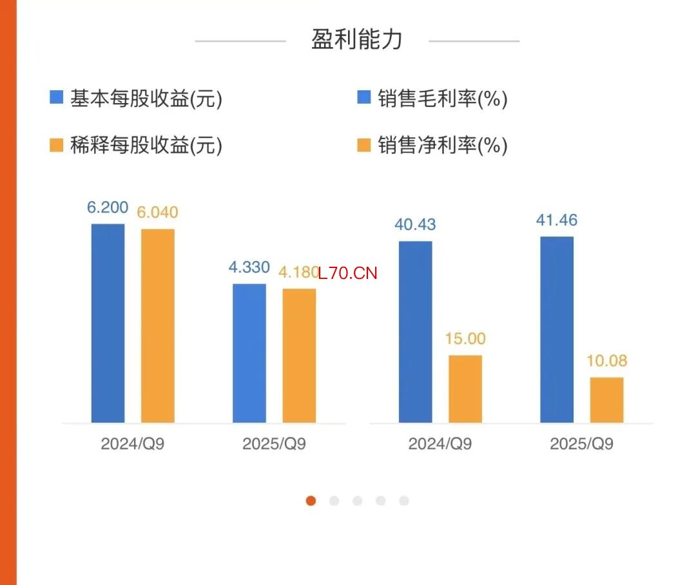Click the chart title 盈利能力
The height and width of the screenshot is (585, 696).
click(356, 40)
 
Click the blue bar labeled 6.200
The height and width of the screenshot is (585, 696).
click(108, 323)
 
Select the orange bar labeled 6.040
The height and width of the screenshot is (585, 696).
click(158, 325)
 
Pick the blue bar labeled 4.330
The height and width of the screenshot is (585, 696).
click(249, 353)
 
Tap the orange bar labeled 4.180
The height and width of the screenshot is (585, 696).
click(299, 356)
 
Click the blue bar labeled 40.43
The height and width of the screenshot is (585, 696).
click(415, 332)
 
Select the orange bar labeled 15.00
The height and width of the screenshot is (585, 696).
click(465, 388)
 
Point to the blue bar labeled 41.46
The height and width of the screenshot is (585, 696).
click(556, 329)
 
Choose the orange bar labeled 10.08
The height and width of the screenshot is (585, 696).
click(606, 399)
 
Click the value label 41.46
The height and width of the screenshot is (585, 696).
click(557, 220)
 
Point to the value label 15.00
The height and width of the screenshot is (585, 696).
click(465, 339)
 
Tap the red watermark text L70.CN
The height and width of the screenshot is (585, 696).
click(347, 273)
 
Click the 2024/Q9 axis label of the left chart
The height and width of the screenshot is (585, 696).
click(133, 444)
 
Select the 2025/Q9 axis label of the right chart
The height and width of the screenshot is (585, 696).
click(581, 444)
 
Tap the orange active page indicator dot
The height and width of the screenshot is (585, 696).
click(311, 501)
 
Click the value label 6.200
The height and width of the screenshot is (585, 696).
click(108, 207)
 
